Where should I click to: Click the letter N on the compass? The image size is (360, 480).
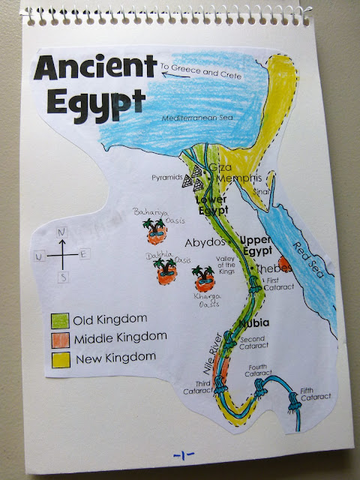pos(64,232)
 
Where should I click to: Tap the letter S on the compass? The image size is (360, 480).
pos(64,277)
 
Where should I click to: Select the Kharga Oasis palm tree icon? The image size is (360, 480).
pos(202,280)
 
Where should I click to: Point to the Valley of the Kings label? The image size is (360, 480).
pos(226,264)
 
